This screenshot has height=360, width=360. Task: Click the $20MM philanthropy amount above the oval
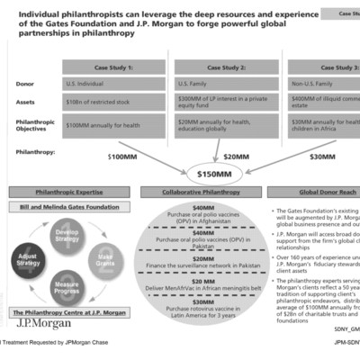(x=235, y=156)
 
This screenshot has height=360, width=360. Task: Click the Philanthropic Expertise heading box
(x=66, y=193)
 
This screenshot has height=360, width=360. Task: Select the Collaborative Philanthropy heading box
(x=204, y=193)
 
